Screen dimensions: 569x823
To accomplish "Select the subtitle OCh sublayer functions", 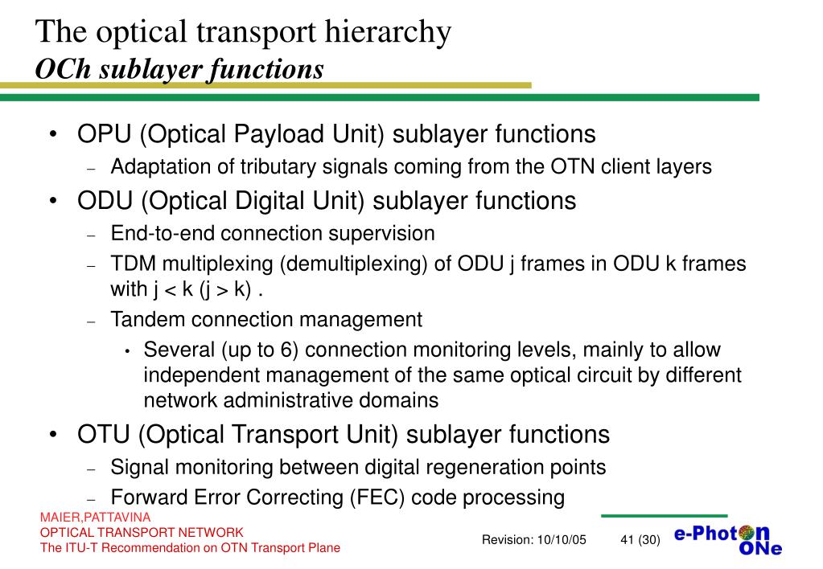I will point(179,69).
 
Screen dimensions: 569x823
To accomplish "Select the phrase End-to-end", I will point(163,234).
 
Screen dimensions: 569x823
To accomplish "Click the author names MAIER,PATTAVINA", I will point(96,518).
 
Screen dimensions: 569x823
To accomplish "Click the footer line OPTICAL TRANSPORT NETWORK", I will point(142,533).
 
